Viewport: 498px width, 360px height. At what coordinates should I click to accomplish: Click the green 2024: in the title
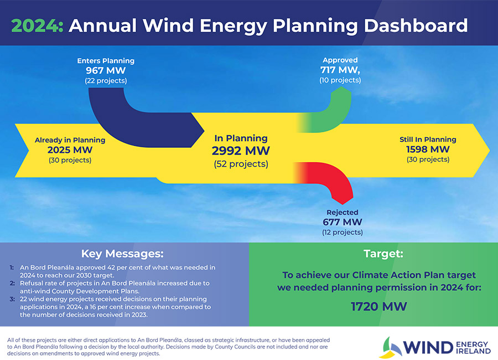(x=38, y=26)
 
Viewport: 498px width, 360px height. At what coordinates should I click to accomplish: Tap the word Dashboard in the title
(x=416, y=25)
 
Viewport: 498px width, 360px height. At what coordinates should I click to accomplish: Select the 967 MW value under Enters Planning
(x=106, y=70)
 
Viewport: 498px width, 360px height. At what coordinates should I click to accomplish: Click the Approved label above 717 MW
(x=340, y=60)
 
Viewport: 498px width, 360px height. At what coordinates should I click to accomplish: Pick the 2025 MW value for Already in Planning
(x=70, y=150)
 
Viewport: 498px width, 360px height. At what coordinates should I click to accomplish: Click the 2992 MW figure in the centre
(x=241, y=151)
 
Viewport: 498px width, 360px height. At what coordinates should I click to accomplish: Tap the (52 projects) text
(x=241, y=164)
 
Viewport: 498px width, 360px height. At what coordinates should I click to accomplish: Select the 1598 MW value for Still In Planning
(x=428, y=149)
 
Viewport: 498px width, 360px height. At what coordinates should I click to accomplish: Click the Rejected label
(x=343, y=212)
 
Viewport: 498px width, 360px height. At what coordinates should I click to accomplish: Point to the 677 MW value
(x=343, y=222)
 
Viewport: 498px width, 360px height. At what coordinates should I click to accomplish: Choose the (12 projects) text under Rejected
(x=343, y=232)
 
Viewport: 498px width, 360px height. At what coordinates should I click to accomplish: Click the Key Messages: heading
(x=122, y=254)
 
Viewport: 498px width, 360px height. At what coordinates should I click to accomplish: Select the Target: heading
(x=383, y=254)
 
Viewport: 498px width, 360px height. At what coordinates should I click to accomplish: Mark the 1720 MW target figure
(x=379, y=307)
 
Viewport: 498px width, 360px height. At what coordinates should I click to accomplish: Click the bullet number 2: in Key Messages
(x=12, y=283)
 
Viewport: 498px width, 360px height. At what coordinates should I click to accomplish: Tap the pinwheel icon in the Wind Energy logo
(x=391, y=347)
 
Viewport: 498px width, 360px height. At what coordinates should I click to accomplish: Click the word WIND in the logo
(x=428, y=348)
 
